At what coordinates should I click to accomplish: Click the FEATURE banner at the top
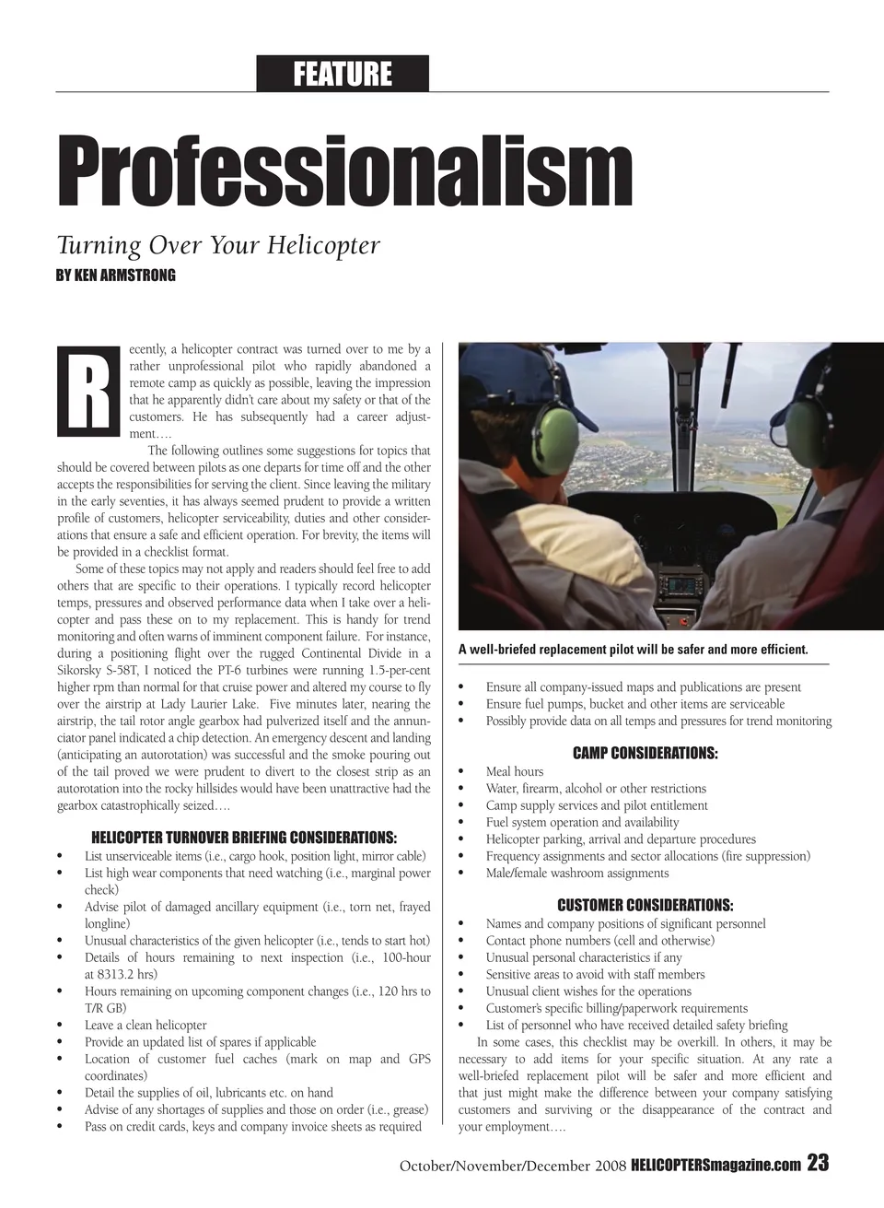tap(343, 74)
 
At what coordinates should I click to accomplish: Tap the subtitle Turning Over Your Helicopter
tap(218, 246)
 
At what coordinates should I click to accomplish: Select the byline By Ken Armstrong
tap(116, 276)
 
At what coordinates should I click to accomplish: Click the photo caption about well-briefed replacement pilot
tap(634, 650)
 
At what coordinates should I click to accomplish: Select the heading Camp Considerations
tap(645, 753)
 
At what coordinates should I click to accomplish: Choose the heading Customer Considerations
tap(645, 905)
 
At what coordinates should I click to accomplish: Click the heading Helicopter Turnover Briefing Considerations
tap(244, 838)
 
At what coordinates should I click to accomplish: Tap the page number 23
tap(818, 1164)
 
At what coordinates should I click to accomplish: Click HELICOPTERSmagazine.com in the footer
tap(715, 1166)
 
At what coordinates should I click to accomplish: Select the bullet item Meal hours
tap(515, 771)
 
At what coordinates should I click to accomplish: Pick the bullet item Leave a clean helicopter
tap(145, 1025)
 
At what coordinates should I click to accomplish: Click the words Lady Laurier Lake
tap(206, 704)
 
